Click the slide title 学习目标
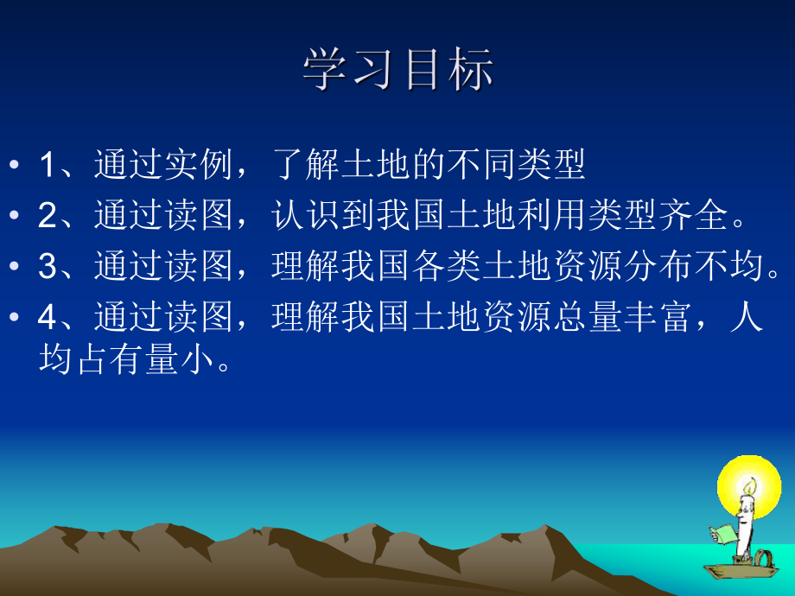tap(398, 69)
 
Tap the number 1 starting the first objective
tap(47, 165)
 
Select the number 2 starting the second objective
tap(47, 216)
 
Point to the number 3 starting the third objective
tap(47, 267)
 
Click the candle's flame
tap(749, 487)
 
